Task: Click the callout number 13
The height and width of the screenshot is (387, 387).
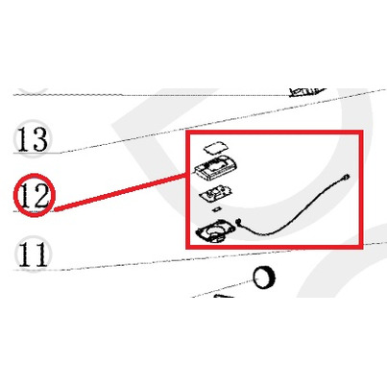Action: click(33, 139)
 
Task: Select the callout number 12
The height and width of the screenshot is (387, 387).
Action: click(34, 195)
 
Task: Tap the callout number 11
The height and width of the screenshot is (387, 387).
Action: click(33, 254)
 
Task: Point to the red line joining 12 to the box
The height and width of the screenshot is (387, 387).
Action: click(120, 192)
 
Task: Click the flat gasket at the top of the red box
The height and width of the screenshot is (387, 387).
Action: click(216, 147)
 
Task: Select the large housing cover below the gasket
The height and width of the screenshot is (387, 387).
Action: click(216, 168)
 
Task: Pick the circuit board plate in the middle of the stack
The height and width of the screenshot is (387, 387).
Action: click(215, 194)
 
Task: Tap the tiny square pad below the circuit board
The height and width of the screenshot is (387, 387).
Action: click(217, 209)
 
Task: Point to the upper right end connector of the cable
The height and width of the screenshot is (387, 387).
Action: click(346, 176)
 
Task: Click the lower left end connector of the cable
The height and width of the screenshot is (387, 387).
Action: click(238, 221)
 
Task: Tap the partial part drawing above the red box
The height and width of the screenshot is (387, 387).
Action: click(306, 91)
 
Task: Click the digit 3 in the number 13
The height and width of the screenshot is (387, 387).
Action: click(40, 139)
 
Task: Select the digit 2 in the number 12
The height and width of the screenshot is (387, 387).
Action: click(40, 195)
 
